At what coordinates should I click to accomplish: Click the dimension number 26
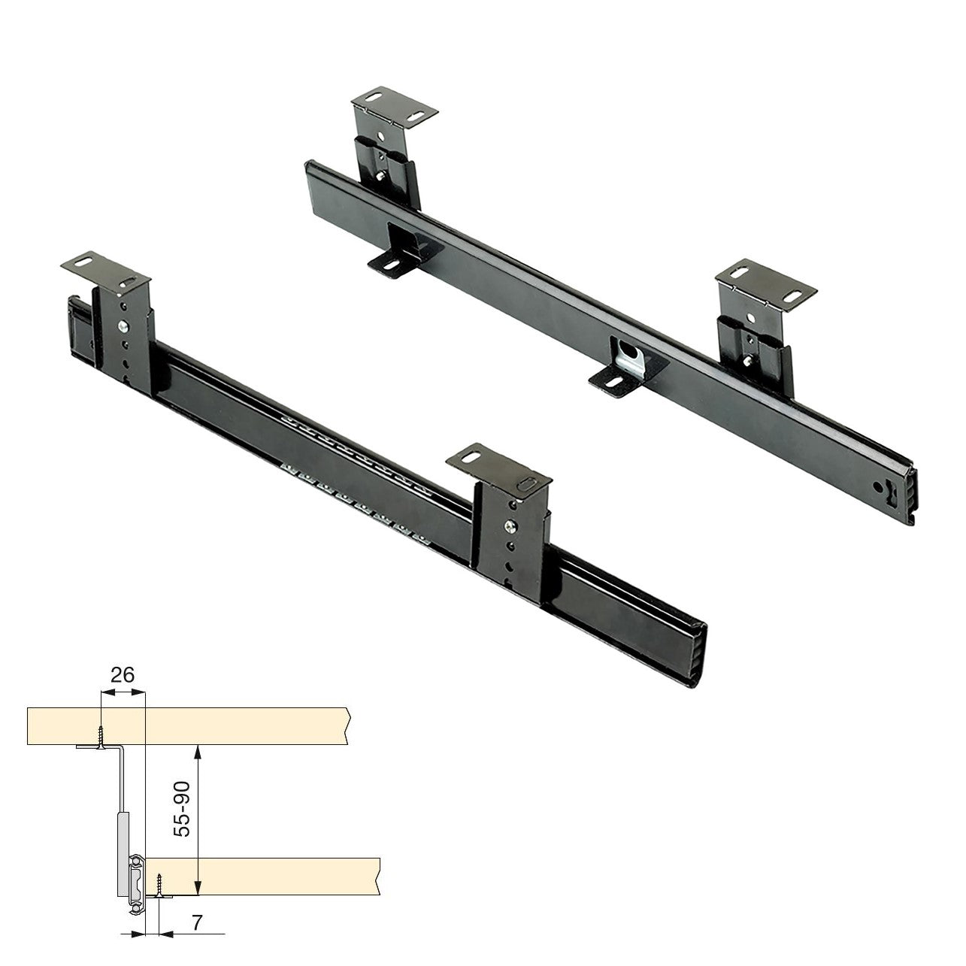tap(123, 675)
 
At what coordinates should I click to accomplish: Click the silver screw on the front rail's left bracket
tap(123, 327)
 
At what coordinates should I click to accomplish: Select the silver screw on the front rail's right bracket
tap(510, 526)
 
